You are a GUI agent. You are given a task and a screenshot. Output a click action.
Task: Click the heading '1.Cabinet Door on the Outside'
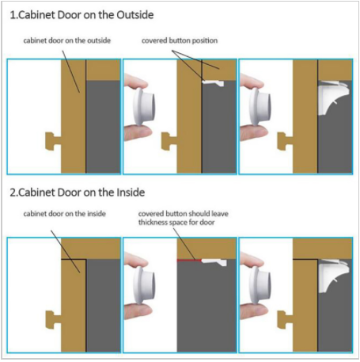tap(81, 15)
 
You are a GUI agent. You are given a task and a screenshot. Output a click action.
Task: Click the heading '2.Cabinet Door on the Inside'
tap(78, 192)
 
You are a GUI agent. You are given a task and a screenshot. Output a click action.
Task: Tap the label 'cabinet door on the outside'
tap(67, 40)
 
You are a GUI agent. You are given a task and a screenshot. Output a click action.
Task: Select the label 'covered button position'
tap(180, 40)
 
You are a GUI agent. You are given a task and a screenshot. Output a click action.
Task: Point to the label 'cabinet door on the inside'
tap(65, 213)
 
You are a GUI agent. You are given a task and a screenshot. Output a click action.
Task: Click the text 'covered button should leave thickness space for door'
tap(184, 218)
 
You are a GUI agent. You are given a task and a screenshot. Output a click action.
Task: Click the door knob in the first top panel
tap(53, 141)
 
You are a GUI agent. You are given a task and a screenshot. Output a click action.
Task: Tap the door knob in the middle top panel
tap(169, 141)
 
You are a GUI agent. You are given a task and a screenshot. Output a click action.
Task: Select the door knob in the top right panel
tap(285, 141)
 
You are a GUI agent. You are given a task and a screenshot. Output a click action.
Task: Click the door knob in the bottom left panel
tap(53, 320)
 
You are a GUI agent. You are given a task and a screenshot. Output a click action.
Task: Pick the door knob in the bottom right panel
tap(285, 320)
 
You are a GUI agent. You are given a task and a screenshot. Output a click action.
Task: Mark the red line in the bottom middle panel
tap(189, 261)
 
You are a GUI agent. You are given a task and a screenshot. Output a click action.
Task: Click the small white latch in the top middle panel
tap(213, 83)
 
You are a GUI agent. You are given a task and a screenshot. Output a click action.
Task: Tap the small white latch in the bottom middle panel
tap(214, 262)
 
